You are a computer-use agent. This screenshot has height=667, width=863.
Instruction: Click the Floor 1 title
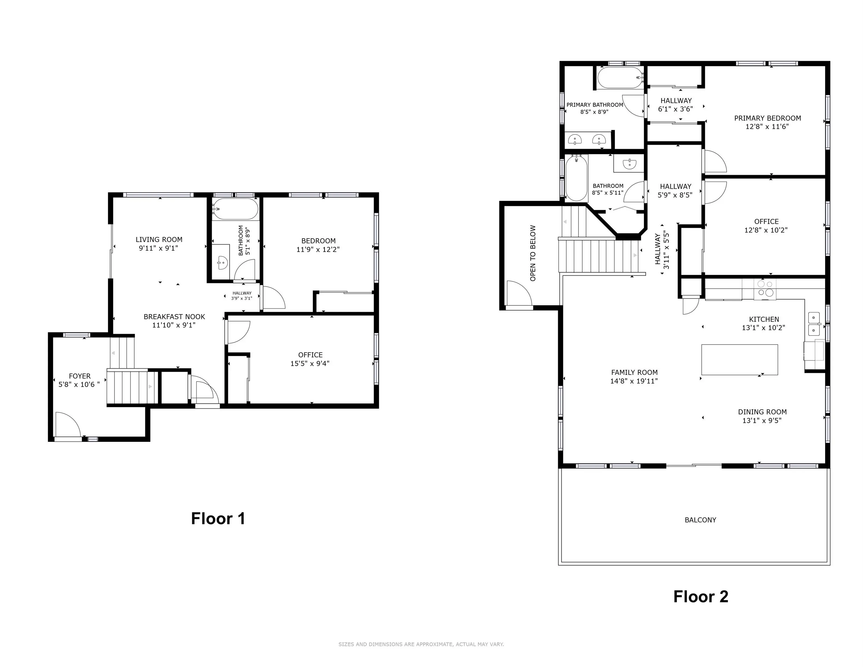218,518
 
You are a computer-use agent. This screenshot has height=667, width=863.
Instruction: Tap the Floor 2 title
701,597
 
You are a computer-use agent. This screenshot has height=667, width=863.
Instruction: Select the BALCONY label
700,520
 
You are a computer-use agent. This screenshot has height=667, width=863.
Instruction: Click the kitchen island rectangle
740,360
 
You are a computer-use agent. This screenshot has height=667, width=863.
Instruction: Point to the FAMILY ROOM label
634,372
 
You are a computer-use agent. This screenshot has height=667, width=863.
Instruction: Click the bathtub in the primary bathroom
620,78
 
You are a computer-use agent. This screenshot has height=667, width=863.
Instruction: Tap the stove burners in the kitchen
765,289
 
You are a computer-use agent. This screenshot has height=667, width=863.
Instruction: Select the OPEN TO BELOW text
533,253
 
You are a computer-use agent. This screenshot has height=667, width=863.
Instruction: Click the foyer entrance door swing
68,424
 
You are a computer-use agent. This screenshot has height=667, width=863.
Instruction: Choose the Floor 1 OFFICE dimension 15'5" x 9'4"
310,364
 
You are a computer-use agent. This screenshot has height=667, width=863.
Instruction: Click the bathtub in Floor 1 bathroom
235,209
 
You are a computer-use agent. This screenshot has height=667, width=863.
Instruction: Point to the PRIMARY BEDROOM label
767,118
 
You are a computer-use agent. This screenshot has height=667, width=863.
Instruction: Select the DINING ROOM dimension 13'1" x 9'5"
762,420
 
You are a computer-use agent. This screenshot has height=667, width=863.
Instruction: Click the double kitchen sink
813,324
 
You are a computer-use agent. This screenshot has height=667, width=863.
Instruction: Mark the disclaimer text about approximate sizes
421,644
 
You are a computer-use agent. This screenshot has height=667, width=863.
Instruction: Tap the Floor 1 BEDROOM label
318,241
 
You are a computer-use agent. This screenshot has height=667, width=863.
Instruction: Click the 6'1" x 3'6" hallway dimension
675,109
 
